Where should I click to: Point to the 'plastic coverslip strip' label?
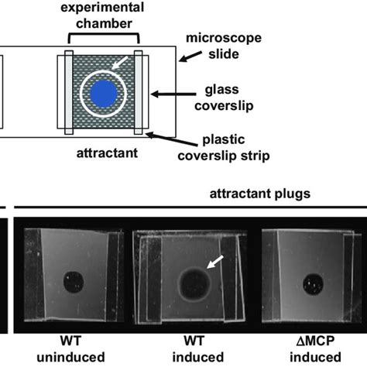pyautogui.click(x=224, y=149)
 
